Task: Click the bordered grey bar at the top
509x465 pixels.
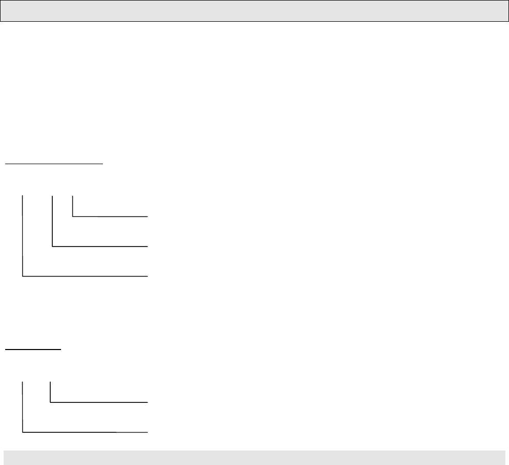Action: [255, 11]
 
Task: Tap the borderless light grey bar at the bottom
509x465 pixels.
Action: [255, 458]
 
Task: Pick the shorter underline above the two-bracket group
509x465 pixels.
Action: [33, 349]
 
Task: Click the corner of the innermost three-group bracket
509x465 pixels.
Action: [73, 216]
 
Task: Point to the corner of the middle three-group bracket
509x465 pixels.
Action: [53, 246]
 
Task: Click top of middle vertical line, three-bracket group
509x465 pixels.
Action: [53, 195]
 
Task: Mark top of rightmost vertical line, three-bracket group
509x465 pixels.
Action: [73, 195]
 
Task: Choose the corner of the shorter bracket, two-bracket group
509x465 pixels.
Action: [50, 402]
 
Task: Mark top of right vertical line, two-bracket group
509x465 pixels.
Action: [50, 382]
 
